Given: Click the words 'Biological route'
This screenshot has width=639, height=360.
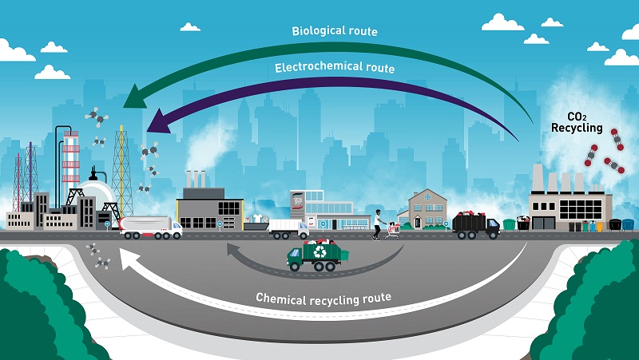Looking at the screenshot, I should click(x=334, y=32).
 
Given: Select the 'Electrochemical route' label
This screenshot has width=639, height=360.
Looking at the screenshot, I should click(x=335, y=68).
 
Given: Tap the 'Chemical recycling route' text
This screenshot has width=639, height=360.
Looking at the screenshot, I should click(x=323, y=298).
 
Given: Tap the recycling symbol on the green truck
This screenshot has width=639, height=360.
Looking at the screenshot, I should click(x=321, y=251).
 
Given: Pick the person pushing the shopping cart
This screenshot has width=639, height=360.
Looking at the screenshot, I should click(x=377, y=224).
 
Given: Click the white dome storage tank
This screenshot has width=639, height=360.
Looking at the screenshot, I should click(x=94, y=196).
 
